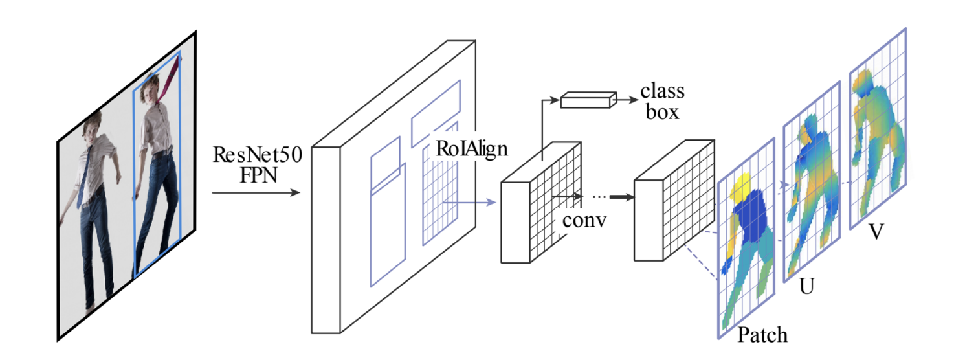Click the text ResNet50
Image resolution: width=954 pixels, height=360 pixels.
tap(257, 157)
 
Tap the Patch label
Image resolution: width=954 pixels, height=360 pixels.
tap(762, 334)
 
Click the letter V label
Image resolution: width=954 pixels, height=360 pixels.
tap(876, 232)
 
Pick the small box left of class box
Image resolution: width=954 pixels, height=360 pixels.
tap(586, 100)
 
